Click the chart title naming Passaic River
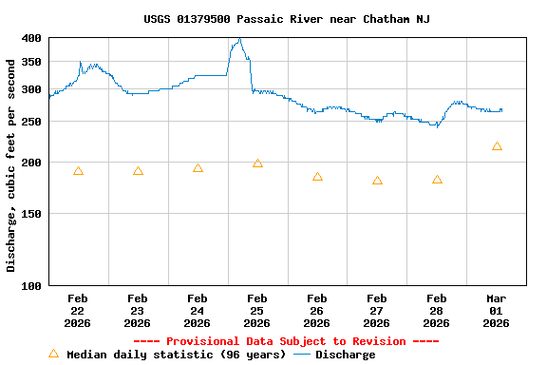click(x=287, y=19)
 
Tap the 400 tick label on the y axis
click(x=31, y=38)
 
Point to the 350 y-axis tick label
click(x=31, y=62)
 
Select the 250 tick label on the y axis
click(x=31, y=122)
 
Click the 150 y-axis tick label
click(x=31, y=214)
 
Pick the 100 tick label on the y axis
click(x=31, y=285)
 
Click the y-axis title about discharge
click(x=11, y=165)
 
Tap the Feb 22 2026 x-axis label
click(x=78, y=311)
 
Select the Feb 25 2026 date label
click(x=257, y=311)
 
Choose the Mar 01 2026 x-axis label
click(x=497, y=311)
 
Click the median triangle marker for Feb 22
click(x=78, y=171)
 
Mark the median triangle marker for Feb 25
click(x=257, y=163)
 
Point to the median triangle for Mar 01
click(x=497, y=146)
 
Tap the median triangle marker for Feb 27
click(x=377, y=180)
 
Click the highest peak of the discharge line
click(x=240, y=40)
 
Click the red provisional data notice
click(x=286, y=341)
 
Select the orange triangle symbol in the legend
click(x=53, y=354)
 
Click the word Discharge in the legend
click(x=345, y=355)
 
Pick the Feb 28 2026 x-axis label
click(x=437, y=311)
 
